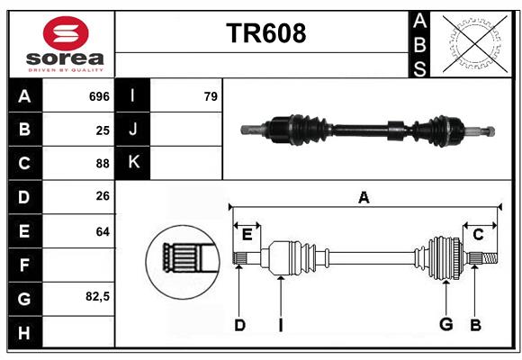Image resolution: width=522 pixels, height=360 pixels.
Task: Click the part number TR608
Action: [x=265, y=33]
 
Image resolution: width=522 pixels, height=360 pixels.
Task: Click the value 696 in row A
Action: [x=99, y=96]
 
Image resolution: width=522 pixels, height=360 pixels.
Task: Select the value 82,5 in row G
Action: [x=97, y=296]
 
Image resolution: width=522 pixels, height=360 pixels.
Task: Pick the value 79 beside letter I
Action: [x=211, y=96]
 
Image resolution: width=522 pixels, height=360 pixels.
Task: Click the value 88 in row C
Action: [x=102, y=164]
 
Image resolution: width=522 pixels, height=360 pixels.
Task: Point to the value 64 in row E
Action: [x=102, y=231]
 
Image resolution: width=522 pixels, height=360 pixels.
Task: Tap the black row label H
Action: [x=24, y=332]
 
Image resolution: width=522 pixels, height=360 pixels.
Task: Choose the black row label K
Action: [x=133, y=163]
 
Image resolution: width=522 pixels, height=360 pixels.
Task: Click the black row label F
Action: [x=24, y=265]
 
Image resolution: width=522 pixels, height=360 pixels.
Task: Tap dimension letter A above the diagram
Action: [x=364, y=197]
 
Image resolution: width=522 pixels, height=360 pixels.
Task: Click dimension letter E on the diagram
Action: [x=247, y=235]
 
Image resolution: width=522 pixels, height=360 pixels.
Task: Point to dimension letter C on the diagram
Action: [x=478, y=235]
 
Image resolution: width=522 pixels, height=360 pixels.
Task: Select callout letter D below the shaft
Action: [x=239, y=325]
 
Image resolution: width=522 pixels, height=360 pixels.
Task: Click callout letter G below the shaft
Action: [x=445, y=325]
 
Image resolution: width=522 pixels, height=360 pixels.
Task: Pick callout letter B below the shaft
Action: [x=475, y=325]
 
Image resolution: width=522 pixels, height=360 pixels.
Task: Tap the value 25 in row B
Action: [x=102, y=130]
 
